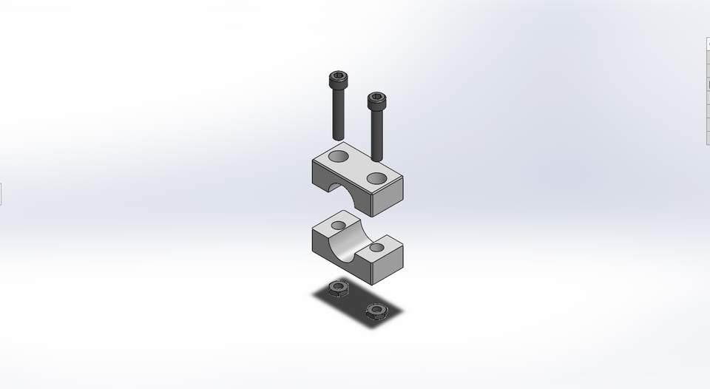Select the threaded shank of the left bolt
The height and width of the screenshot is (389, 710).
pyautogui.click(x=337, y=115)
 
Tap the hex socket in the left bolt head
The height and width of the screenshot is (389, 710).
pyautogui.click(x=337, y=76)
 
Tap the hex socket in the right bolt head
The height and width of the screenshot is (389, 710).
pyautogui.click(x=376, y=97)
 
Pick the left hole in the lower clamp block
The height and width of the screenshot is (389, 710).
pyautogui.click(x=339, y=224)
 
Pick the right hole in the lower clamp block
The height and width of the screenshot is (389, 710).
pyautogui.click(x=377, y=247)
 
